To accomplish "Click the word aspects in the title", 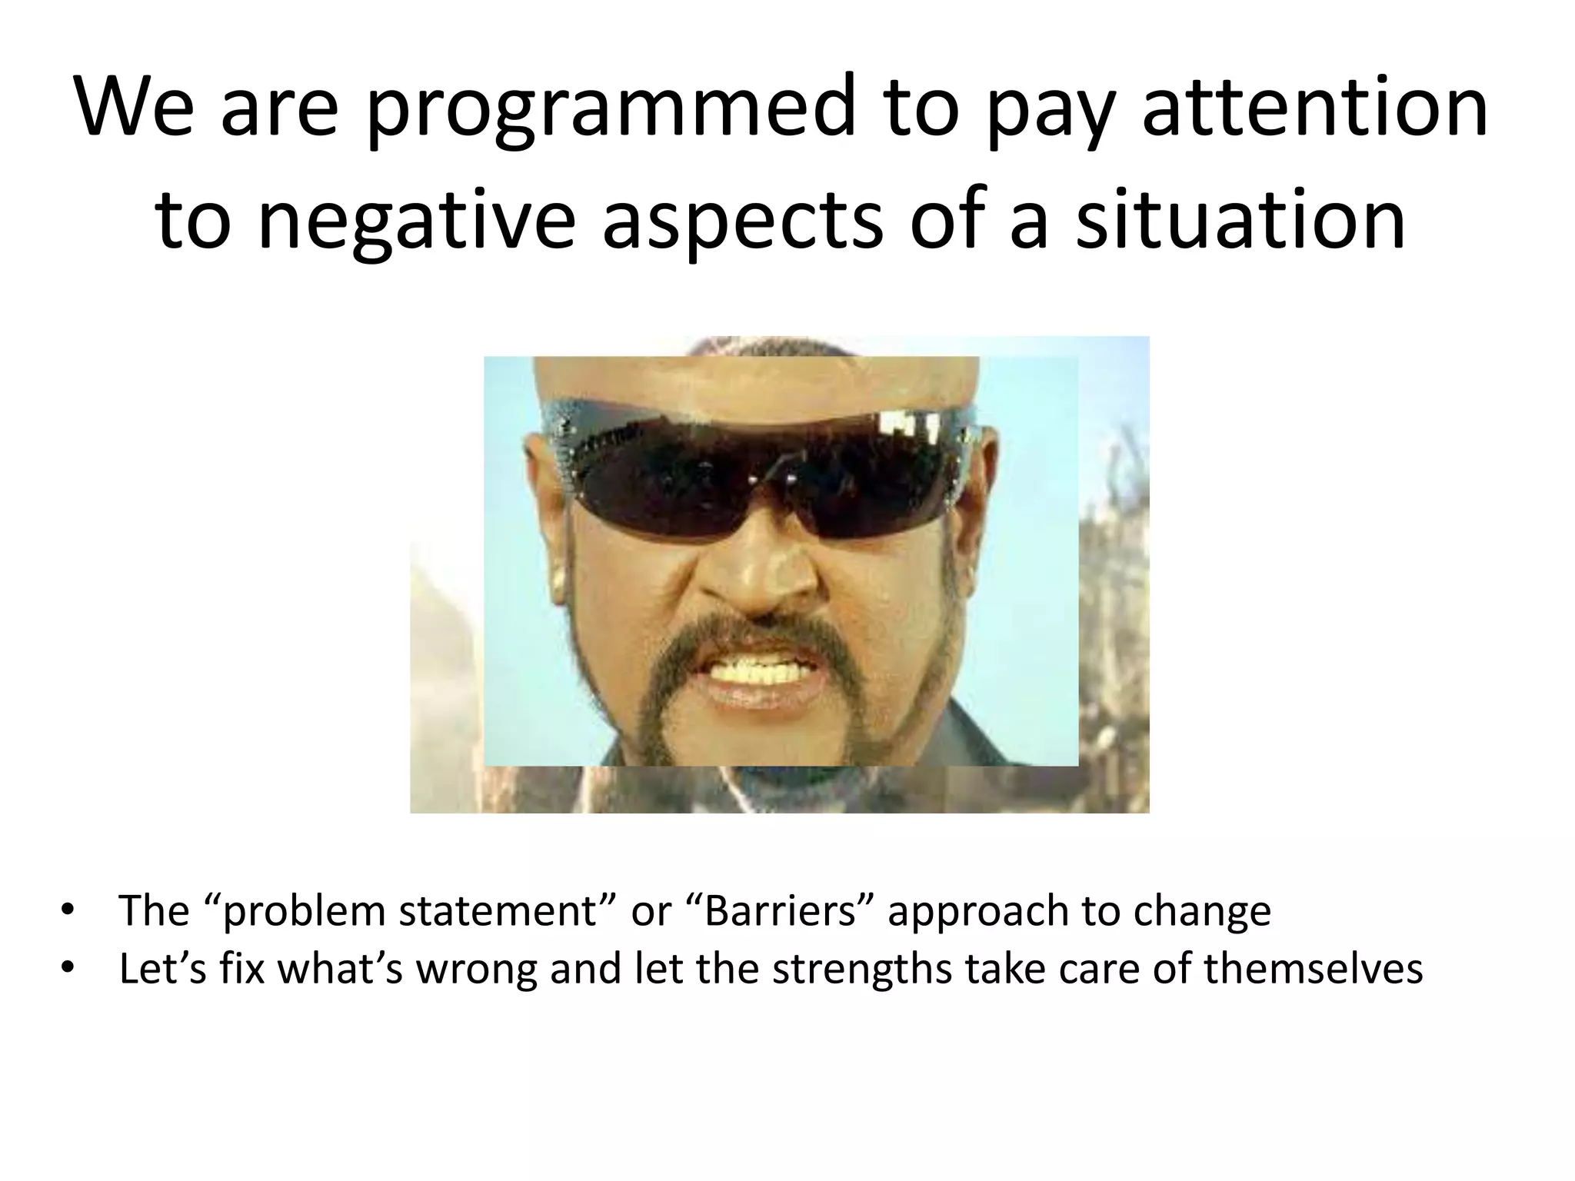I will tap(743, 221).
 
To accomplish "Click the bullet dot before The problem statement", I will tap(67, 911).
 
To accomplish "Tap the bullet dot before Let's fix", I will tap(67, 969).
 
